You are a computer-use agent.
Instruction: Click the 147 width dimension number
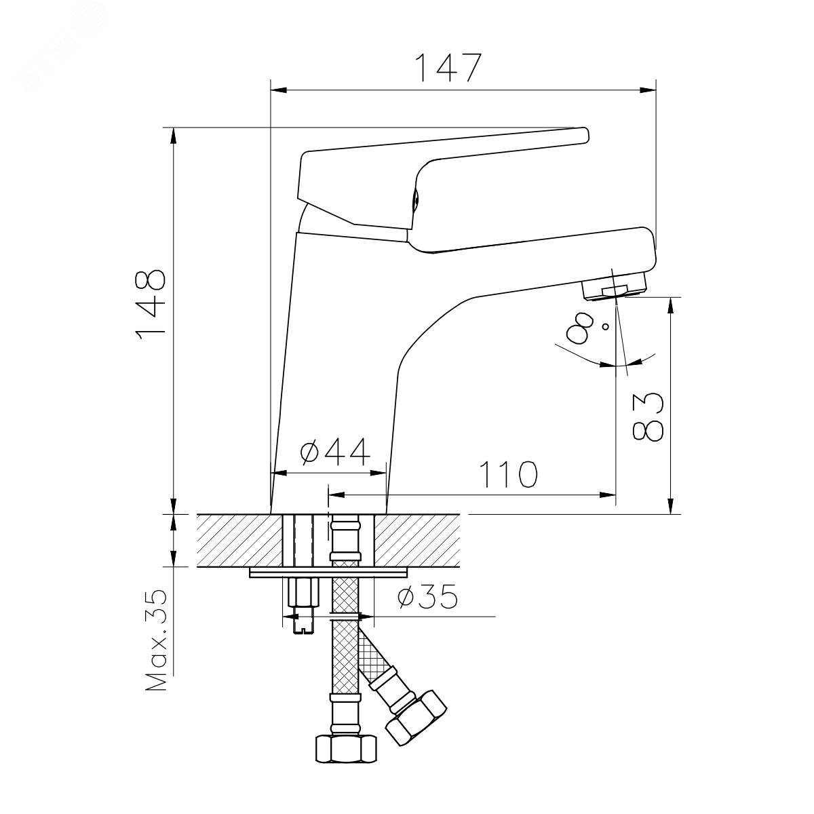(x=448, y=68)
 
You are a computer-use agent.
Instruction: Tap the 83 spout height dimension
(x=648, y=417)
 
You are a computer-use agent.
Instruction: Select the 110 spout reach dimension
(x=509, y=473)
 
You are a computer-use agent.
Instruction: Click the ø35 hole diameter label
(x=427, y=596)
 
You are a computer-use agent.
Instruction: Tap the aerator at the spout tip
(x=614, y=286)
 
